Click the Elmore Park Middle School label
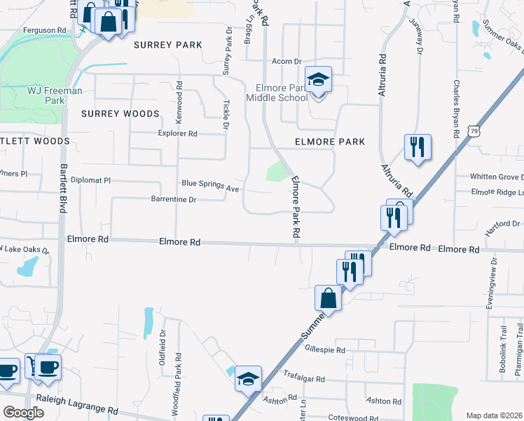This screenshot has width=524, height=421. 277,93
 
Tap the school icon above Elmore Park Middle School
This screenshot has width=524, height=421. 318,80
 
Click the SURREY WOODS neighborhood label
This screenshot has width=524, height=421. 120,114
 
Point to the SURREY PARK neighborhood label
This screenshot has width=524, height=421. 167,45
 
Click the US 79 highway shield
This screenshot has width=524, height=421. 475,131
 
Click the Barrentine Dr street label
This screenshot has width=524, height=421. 173,199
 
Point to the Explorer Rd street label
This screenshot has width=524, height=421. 178,133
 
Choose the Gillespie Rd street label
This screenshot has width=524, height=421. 325,349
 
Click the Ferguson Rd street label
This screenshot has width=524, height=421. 44,31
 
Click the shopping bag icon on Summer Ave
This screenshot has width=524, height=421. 328,298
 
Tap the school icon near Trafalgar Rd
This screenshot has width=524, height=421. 248,379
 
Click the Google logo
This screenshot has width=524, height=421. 24,413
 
